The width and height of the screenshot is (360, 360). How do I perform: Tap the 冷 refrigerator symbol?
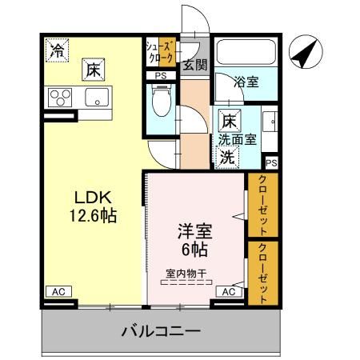56,50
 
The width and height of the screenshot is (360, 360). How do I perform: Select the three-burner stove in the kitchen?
59,98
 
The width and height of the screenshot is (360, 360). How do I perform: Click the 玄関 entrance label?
193,66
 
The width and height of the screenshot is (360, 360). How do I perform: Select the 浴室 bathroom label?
245,82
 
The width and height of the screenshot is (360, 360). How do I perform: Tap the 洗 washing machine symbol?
227,156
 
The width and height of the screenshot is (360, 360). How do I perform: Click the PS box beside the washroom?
271,162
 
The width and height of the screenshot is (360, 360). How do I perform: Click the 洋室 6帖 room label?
194,239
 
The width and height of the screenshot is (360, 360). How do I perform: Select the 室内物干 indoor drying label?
186,274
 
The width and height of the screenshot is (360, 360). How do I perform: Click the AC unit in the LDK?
58,292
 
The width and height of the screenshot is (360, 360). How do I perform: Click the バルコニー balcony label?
161,329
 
